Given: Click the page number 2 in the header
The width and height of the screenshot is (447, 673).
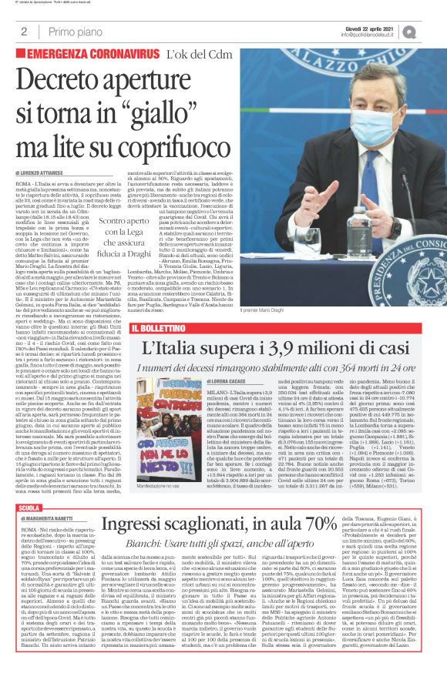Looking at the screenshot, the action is (24, 32).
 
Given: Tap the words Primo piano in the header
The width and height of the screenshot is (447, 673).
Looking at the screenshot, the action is (74, 32).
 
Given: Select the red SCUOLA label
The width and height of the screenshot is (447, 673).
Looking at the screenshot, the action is (29, 509).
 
